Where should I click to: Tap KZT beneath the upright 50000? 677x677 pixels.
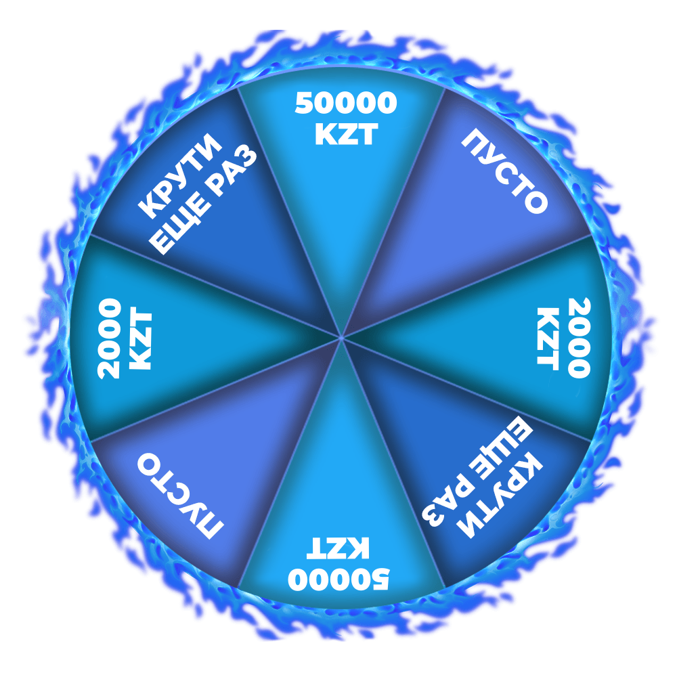coord(345,135)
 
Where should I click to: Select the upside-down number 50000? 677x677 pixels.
coord(338,579)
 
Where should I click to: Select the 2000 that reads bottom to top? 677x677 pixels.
coord(108,338)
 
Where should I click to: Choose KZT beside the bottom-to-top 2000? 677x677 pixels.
coord(140,338)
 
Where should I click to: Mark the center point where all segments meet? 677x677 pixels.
coord(342,336)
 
